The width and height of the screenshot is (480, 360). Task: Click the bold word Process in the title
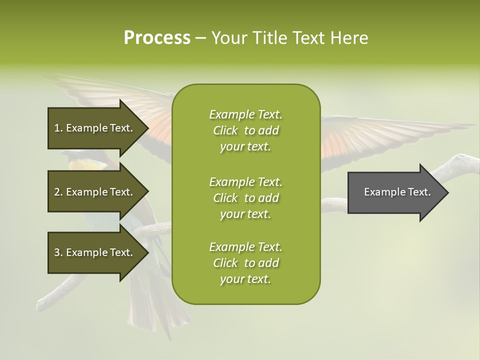157,38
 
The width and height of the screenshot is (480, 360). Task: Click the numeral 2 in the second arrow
57,192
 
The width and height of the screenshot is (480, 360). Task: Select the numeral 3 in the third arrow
57,252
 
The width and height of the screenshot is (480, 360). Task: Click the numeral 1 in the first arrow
57,128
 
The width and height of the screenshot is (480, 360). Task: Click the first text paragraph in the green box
245,130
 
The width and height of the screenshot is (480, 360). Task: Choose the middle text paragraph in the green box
245,198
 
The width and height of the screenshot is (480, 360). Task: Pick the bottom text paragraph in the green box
245,263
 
